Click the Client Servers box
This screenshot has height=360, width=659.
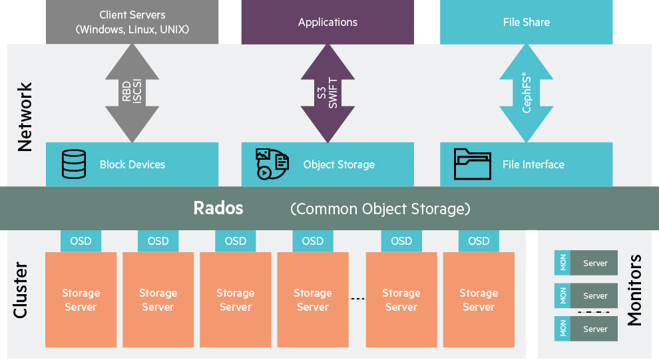click(132, 22)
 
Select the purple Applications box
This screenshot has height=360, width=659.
click(328, 22)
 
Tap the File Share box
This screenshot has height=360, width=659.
click(526, 22)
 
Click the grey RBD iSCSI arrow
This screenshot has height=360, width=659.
click(132, 93)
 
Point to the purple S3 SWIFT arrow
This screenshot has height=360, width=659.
click(328, 93)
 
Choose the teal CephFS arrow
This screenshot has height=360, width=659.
click(527, 93)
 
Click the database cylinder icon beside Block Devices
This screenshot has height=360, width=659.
click(74, 164)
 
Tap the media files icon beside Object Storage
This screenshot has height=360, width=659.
click(272, 164)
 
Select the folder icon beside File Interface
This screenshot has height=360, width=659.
click(473, 164)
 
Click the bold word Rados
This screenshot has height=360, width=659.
click(218, 208)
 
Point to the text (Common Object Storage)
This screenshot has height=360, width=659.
click(380, 209)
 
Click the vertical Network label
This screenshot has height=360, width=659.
click(25, 117)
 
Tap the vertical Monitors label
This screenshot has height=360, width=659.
click(635, 290)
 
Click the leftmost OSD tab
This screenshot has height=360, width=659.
click(81, 241)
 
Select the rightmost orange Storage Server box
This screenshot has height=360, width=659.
click(479, 300)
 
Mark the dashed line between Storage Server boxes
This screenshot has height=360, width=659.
click(358, 299)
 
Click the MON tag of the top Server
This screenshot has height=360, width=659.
click(563, 263)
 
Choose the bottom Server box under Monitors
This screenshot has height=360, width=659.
click(594, 329)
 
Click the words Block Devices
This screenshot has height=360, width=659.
click(132, 164)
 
